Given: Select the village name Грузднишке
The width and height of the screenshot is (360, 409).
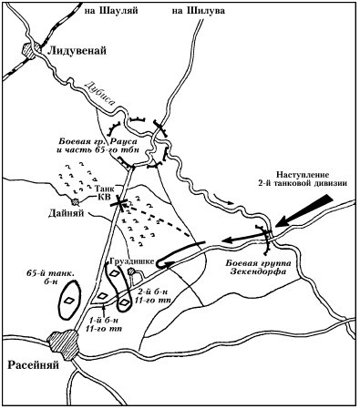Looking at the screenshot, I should pyautogui.click(x=134, y=260).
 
